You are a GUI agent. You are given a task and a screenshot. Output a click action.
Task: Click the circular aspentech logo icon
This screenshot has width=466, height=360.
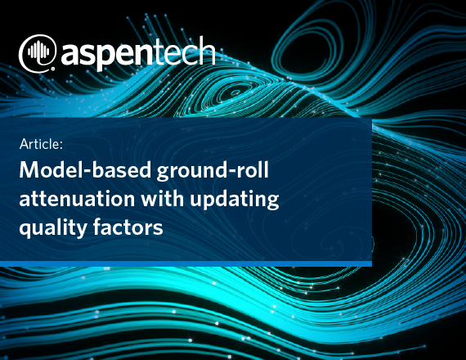37,53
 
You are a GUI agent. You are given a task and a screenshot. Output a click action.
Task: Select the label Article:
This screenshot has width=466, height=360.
41,144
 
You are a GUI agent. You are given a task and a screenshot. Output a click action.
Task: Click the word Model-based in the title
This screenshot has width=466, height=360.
85,170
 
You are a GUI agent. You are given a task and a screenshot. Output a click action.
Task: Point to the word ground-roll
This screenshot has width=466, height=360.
213,171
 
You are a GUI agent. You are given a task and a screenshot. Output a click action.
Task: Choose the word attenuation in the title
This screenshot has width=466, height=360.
77,198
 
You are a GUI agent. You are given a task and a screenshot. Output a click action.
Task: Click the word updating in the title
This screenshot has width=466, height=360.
235,200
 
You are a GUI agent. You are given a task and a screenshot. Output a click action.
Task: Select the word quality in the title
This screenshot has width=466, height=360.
53,228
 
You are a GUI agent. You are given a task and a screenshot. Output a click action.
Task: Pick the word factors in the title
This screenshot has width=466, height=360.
128,227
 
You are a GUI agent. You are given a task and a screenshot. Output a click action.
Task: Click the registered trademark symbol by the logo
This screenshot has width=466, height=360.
53,69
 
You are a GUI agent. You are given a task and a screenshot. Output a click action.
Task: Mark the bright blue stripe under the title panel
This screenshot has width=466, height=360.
186,264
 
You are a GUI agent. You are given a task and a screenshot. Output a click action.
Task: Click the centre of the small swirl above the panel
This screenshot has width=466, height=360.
235,92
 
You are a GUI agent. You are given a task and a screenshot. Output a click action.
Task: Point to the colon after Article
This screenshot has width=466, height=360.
61,146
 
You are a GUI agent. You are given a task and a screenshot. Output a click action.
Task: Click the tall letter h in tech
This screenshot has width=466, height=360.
208,51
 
